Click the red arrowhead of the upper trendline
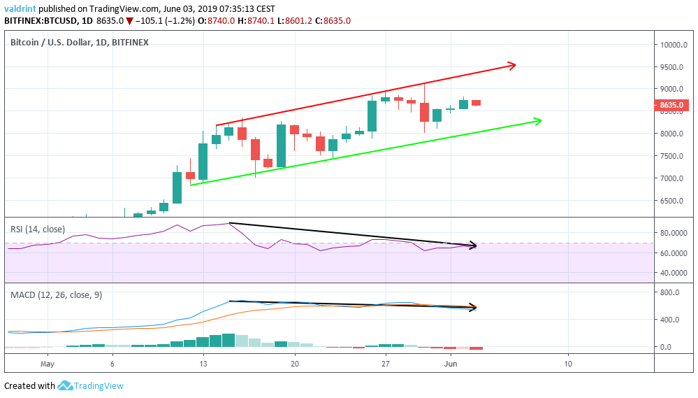click(x=512, y=66)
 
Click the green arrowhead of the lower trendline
click(x=538, y=121)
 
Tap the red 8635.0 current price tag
click(x=674, y=106)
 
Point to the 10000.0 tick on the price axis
click(x=674, y=45)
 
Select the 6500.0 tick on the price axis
click(x=672, y=201)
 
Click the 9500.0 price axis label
click(x=672, y=67)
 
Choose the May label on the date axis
click(x=48, y=364)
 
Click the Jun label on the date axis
click(x=451, y=364)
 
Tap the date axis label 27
click(x=385, y=364)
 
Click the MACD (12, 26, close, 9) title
click(x=56, y=295)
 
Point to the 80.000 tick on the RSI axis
click(x=674, y=233)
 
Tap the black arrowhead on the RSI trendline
click(x=473, y=246)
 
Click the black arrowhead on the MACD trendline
click(x=473, y=307)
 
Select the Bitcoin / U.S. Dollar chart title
click(x=80, y=43)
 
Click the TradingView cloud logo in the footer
click(x=66, y=385)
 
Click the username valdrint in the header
click(x=20, y=8)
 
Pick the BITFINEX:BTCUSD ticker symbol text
click(x=43, y=21)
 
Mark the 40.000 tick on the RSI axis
click(x=674, y=273)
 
